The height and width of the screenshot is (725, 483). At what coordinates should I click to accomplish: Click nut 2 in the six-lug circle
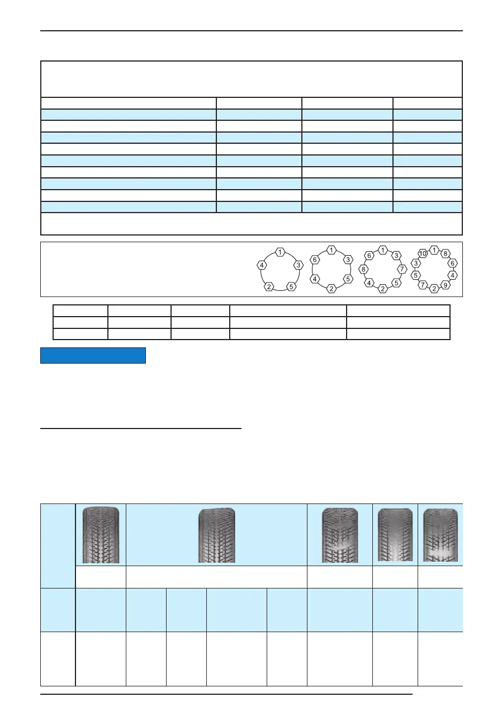[x=331, y=289]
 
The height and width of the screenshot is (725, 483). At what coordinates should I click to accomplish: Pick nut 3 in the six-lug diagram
[x=348, y=260]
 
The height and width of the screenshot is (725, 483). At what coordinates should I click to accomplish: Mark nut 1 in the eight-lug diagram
[x=382, y=249]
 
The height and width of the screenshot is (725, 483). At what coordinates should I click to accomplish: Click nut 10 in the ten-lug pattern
[x=423, y=253]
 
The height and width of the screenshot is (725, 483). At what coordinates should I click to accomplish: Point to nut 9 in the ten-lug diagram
[x=445, y=285]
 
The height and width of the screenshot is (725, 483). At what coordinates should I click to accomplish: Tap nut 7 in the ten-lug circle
[x=423, y=285]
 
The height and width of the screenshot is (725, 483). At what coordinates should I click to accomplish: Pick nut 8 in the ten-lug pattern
[x=445, y=253]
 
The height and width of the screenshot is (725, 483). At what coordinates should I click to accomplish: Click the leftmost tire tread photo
[x=101, y=534]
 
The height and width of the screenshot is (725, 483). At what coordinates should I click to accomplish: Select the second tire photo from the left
[x=217, y=535]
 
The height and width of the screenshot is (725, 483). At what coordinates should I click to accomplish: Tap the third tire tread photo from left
[x=339, y=535]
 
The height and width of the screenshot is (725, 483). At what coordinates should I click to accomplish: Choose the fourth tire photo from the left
[x=395, y=535]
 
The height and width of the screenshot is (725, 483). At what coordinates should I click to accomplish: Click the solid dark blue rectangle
[x=93, y=356]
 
